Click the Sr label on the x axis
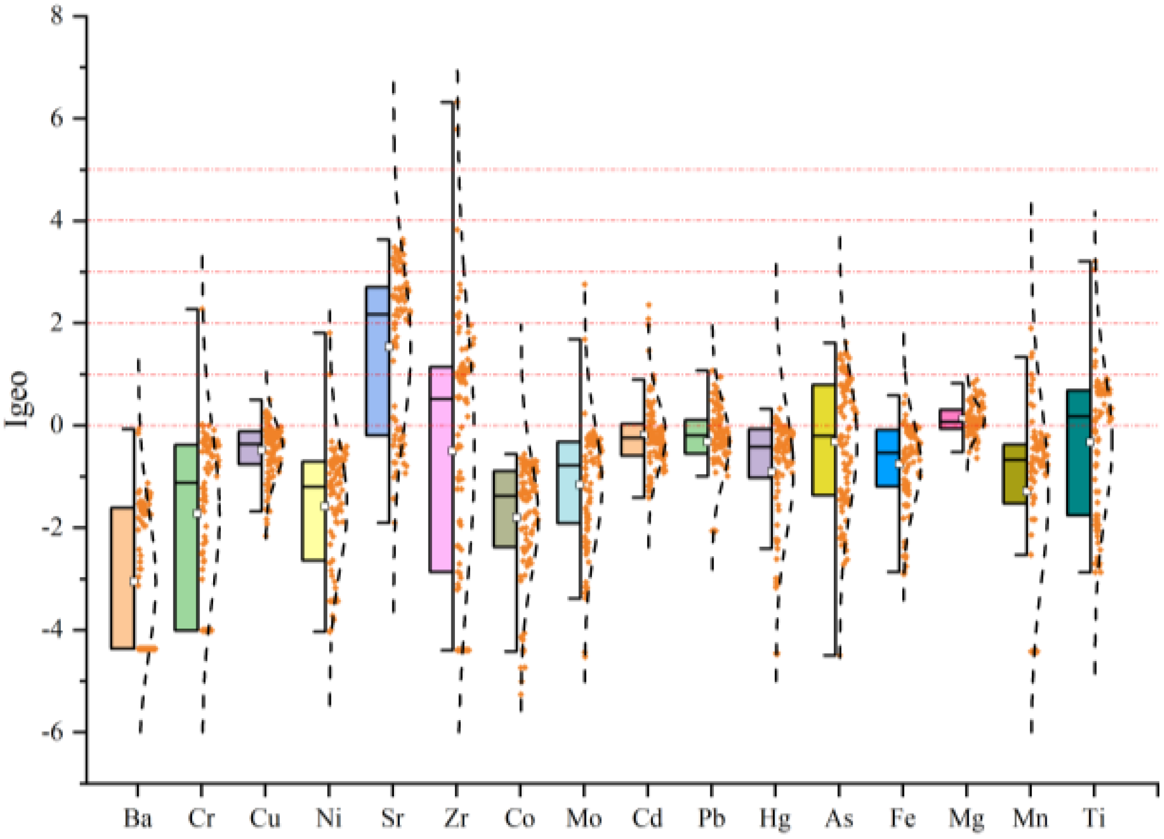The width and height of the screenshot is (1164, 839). pos(392,817)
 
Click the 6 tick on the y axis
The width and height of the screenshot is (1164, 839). pos(57,119)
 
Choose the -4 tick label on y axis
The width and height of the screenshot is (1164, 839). pos(53,631)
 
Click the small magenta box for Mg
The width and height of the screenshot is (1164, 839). pos(951,419)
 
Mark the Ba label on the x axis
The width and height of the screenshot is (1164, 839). pos(138,817)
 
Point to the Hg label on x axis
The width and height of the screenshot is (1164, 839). pos(775,817)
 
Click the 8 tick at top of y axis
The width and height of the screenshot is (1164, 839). pos(57,16)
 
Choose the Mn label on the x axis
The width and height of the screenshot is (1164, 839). pos(1030,817)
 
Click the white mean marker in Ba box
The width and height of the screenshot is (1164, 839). pos(134,581)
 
